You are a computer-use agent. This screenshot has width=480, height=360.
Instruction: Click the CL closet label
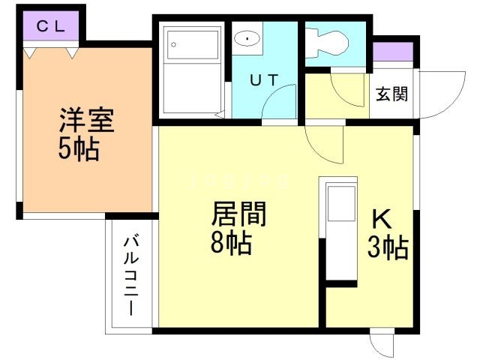coord(51,26)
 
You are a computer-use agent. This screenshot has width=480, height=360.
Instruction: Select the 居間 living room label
coord(238,214)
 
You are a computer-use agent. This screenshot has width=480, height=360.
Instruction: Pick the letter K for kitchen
coord(382,219)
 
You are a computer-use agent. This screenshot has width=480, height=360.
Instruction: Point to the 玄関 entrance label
coord(391,94)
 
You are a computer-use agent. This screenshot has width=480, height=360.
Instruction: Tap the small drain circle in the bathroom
coord(172,43)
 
